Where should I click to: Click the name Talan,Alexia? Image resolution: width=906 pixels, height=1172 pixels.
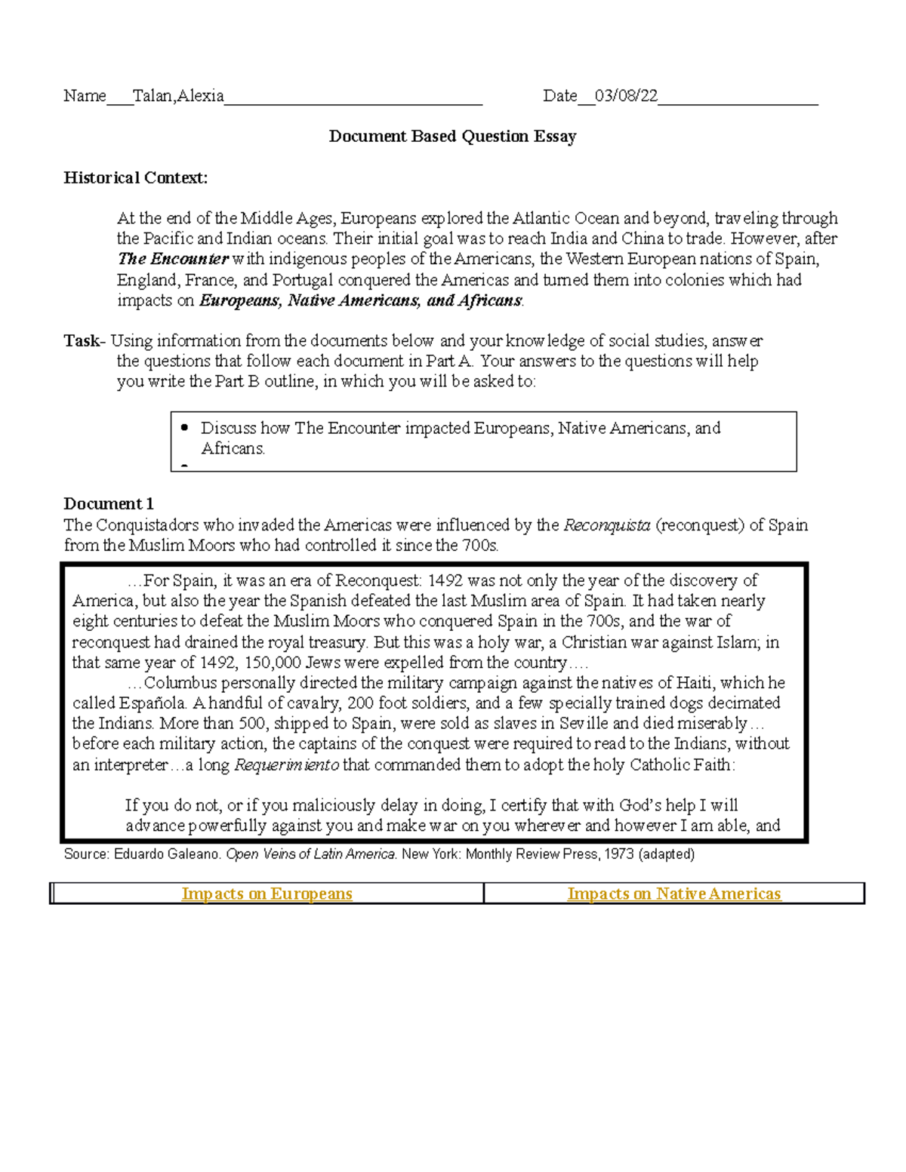(x=178, y=96)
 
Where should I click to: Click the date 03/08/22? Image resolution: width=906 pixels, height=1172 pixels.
(x=626, y=96)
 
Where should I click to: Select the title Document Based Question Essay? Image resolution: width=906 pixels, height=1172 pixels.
(x=452, y=137)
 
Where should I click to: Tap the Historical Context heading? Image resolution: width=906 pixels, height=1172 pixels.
(x=135, y=178)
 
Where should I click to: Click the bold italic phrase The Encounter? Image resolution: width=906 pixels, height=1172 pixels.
(x=173, y=259)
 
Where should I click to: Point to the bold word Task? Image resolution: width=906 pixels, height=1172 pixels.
(x=82, y=341)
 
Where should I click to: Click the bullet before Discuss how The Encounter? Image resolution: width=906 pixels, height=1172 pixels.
(x=185, y=428)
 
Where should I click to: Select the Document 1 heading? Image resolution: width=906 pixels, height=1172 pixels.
(x=109, y=504)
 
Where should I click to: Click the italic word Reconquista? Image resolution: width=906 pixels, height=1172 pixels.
(x=606, y=525)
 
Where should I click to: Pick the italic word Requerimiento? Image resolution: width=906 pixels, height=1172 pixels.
(x=287, y=764)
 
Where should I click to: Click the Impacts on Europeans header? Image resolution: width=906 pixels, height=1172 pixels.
(x=267, y=894)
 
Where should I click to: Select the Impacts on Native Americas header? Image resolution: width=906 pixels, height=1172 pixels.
(x=673, y=894)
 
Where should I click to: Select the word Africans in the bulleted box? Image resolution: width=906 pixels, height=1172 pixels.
(x=233, y=448)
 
